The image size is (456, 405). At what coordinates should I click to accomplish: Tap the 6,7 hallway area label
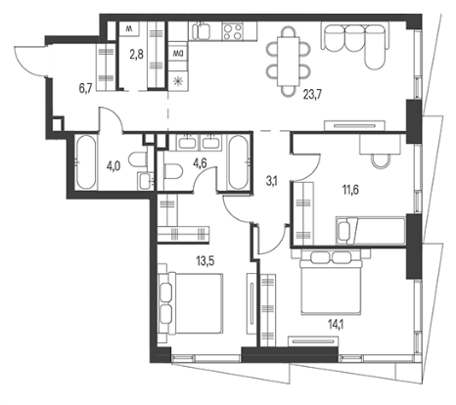(86, 88)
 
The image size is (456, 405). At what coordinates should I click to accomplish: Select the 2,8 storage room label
(136, 55)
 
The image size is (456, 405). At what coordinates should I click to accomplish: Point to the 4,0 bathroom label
(114, 166)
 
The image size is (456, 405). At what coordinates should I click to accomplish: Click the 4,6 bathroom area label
(200, 162)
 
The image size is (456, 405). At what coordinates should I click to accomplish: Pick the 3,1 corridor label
(271, 182)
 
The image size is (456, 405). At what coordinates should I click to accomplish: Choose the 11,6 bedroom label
(350, 190)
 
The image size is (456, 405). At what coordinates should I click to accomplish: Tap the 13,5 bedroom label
(205, 261)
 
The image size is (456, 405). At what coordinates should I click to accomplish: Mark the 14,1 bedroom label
(337, 325)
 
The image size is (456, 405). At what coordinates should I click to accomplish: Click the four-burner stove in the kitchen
(233, 31)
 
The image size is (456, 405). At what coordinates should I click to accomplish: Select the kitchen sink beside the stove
(201, 31)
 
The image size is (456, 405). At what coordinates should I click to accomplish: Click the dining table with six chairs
(288, 62)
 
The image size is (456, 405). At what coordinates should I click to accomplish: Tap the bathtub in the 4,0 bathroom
(85, 162)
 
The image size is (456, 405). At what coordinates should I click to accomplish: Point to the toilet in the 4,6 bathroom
(173, 171)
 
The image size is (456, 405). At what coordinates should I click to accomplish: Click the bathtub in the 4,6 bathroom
(238, 162)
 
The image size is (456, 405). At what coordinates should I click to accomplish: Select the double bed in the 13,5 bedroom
(191, 303)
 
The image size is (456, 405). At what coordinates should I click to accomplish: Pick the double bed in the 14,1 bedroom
(331, 282)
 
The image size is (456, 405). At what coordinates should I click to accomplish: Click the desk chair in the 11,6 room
(381, 160)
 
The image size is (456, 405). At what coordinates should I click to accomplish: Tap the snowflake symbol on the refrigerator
(178, 81)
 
